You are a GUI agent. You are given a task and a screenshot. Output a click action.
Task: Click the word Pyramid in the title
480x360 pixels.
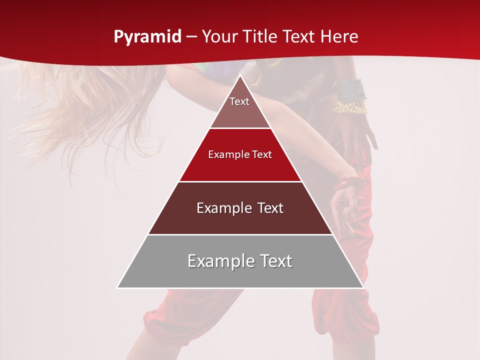coord(147,37)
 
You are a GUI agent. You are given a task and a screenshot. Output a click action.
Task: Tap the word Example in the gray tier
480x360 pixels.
coord(218,261)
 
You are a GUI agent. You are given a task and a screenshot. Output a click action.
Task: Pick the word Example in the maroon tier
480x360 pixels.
coord(222,208)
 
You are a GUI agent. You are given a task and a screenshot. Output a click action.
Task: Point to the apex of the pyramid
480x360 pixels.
coord(240,76)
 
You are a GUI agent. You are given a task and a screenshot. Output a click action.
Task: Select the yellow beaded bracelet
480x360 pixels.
coord(351,106)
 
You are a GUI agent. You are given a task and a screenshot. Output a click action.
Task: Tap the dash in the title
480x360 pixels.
coord(191,37)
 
